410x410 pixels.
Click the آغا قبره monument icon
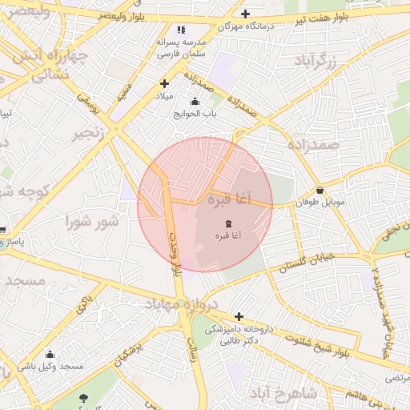(229, 222)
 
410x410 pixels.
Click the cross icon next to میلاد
(165, 83)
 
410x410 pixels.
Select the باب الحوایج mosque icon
(195, 102)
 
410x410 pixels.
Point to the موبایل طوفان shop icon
(321, 191)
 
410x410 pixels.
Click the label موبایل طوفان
(322, 203)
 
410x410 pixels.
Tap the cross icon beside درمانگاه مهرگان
(245, 14)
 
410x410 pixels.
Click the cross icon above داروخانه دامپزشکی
(239, 316)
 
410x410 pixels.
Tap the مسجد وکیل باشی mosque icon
(50, 355)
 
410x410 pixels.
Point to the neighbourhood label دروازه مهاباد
(181, 303)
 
